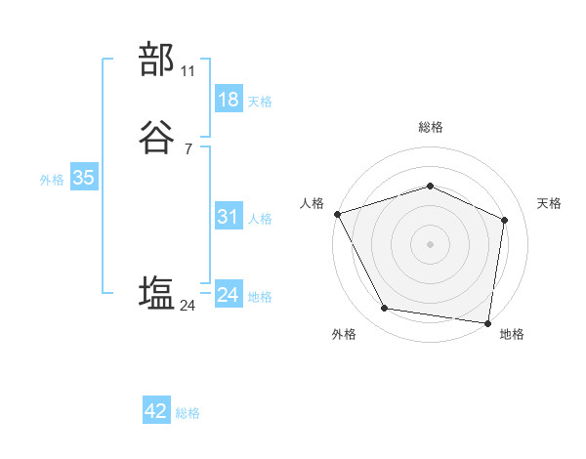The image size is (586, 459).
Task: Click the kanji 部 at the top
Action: [x=157, y=60]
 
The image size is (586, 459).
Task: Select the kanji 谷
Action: [x=157, y=140]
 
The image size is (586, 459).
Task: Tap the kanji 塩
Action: [x=157, y=293]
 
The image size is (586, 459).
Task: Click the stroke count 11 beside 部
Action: [x=188, y=71]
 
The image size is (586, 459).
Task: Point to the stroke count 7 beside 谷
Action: [x=188, y=148]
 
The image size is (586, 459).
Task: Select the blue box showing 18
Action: [x=228, y=100]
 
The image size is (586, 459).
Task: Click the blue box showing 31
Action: [x=228, y=217]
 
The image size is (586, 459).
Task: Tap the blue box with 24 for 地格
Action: [x=228, y=295]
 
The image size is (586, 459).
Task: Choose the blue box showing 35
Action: [x=83, y=178]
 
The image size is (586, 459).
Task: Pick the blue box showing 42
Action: [x=156, y=411]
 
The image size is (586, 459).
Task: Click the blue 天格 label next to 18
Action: [x=260, y=102]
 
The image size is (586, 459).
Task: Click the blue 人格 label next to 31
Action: [x=260, y=219]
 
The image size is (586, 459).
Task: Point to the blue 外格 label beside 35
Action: [x=52, y=180]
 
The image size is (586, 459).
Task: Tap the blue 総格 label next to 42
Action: [x=188, y=413]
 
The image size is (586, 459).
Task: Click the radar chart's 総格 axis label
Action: [x=430, y=127]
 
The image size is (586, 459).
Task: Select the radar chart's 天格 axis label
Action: [x=550, y=203]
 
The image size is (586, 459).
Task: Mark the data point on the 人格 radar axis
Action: [x=337, y=214]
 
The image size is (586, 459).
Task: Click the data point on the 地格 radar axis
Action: [x=487, y=322]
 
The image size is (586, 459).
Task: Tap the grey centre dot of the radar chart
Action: [x=430, y=243]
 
